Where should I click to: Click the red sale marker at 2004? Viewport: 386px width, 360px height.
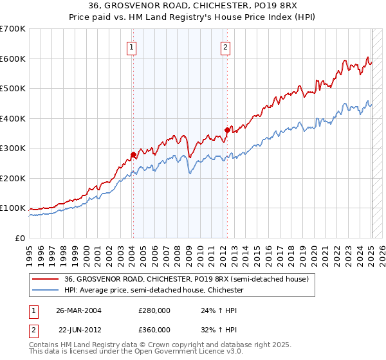pos(133,154)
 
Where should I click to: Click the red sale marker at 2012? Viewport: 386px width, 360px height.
pos(226,130)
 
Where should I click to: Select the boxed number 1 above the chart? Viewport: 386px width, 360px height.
pos(131,46)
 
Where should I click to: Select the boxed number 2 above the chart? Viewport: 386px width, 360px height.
pos(226,46)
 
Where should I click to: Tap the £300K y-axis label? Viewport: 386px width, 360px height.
pos(13,148)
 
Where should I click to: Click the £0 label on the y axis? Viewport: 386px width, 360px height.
pos(21,238)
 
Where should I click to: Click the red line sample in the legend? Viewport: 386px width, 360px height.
pos(46,279)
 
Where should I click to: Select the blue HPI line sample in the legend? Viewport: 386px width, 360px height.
pos(46,290)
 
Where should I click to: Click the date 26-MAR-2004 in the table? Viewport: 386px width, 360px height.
pos(78,310)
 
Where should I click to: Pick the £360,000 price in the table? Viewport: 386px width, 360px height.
pos(154,329)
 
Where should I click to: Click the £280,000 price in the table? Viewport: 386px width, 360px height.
pos(154,310)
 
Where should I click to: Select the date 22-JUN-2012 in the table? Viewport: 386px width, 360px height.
pos(80,329)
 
